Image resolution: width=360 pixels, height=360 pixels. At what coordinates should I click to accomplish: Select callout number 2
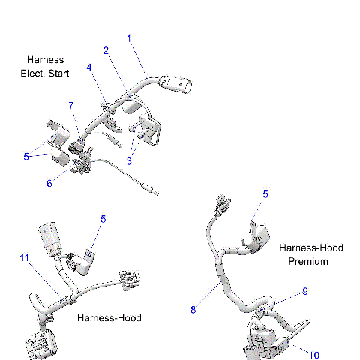106,50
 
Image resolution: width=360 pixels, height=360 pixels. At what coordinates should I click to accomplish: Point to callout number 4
89,67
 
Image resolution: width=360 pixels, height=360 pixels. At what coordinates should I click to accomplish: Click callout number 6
50,182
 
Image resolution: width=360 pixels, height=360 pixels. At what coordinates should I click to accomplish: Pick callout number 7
71,105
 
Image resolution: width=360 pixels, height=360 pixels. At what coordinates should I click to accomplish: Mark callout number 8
194,308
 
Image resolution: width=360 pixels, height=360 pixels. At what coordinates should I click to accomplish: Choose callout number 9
305,290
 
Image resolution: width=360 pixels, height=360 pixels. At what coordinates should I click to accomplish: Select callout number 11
24,258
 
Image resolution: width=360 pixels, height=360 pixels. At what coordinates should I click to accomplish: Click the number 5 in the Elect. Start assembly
26,157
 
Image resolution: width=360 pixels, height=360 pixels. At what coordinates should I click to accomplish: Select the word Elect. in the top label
34,73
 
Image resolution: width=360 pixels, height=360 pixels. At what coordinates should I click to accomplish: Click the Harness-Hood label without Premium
109,318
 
